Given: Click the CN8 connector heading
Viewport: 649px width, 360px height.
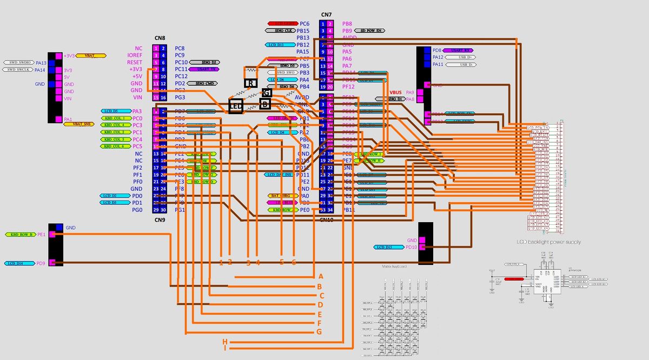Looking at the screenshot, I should pyautogui.click(x=160, y=38).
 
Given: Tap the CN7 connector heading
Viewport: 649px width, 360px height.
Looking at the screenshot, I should pyautogui.click(x=326, y=15).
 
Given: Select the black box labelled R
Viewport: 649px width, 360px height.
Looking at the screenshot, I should pyautogui.click(x=250, y=83).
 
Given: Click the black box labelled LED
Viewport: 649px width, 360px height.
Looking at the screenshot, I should pyautogui.click(x=235, y=106).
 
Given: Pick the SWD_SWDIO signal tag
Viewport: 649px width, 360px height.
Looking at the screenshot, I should pyautogui.click(x=18, y=63).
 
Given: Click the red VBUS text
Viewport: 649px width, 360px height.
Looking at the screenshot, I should pyautogui.click(x=395, y=92).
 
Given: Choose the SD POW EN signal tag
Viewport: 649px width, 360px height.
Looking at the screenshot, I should pyautogui.click(x=372, y=31).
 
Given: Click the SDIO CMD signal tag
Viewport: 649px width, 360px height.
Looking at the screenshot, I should pyautogui.click(x=203, y=83).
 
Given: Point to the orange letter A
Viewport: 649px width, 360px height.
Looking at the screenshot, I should pyautogui.click(x=320, y=276).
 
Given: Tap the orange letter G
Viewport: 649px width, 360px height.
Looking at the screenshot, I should pyautogui.click(x=320, y=332).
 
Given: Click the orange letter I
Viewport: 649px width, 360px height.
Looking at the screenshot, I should pyautogui.click(x=224, y=348).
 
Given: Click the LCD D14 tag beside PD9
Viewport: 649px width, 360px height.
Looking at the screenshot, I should pyautogui.click(x=20, y=263).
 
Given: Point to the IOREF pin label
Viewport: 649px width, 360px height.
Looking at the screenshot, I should pyautogui.click(x=135, y=55).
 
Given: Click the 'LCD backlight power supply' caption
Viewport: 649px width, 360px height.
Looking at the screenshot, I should pyautogui.click(x=548, y=242).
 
